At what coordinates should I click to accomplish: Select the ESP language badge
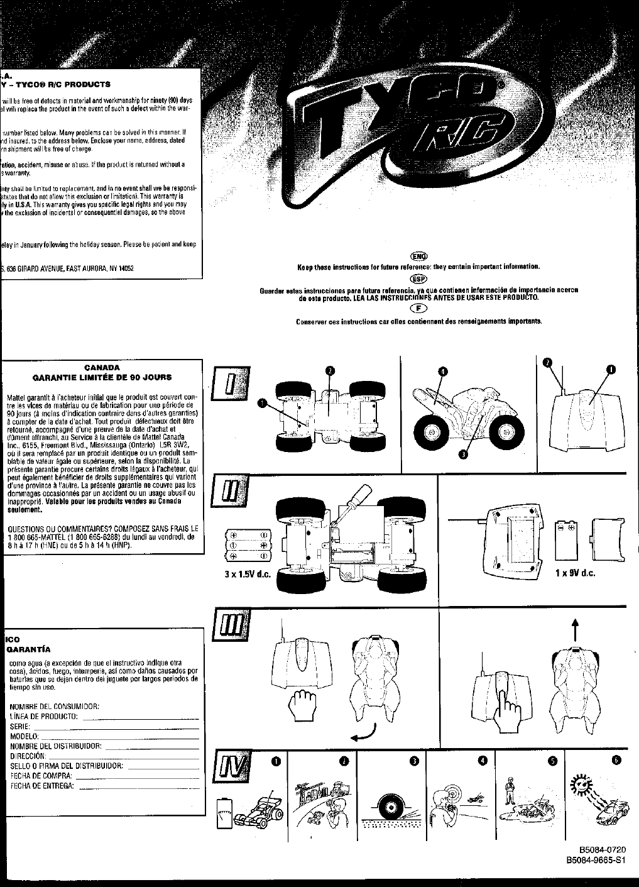coord(418,278)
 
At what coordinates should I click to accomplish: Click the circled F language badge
coord(418,307)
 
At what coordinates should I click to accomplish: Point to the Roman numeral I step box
coord(227,385)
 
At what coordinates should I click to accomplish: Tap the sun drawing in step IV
coord(581,784)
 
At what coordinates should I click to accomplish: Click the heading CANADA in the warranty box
coord(102,367)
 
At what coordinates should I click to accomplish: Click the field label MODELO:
coord(25,736)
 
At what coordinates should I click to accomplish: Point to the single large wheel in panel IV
coord(391,804)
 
